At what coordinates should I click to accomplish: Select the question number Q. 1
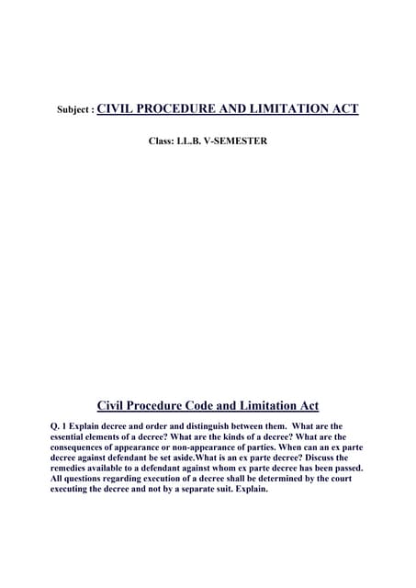[x=62, y=426]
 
